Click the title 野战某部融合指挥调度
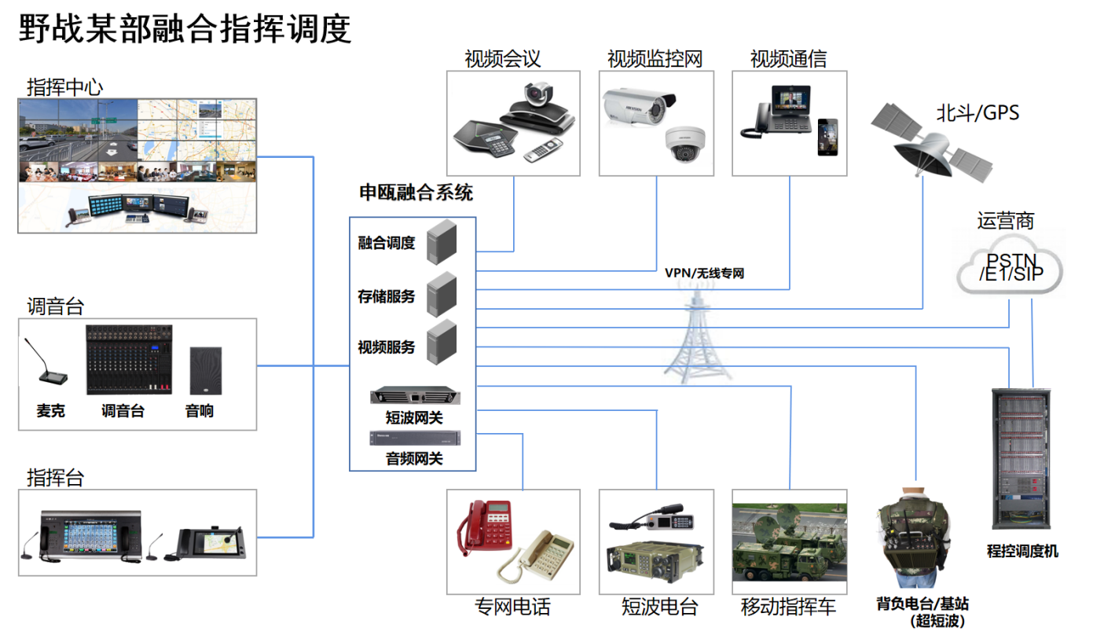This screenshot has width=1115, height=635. click(185, 29)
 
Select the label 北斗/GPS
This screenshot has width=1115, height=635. click(977, 113)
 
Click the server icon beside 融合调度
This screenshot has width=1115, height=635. click(442, 241)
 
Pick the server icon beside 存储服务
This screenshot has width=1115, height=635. click(442, 294)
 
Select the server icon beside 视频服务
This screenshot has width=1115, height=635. click(442, 343)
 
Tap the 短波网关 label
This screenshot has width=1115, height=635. click(414, 418)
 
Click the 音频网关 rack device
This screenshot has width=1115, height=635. click(414, 439)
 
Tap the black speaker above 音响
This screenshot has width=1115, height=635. click(205, 370)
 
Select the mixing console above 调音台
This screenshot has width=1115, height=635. click(129, 360)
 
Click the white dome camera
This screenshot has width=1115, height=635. click(681, 145)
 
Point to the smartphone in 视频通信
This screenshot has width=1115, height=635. click(827, 138)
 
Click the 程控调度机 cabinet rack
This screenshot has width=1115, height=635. click(1021, 461)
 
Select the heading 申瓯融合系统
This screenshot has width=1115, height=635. click(416, 193)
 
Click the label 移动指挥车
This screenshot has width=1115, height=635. click(788, 607)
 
